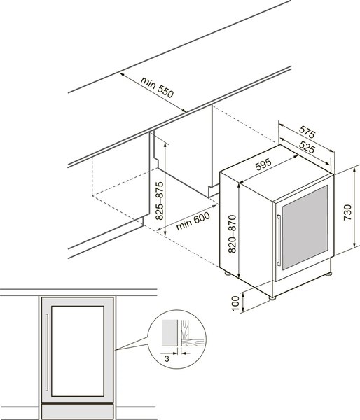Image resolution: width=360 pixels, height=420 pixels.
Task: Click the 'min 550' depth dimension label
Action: pyautogui.click(x=158, y=87)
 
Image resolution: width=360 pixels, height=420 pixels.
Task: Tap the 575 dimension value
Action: pyautogui.click(x=307, y=132)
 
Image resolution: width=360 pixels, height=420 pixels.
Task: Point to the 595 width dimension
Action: pyautogui.click(x=263, y=164)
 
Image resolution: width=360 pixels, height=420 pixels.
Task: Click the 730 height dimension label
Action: pyautogui.click(x=347, y=212)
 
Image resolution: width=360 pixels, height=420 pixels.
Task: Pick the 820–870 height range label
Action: pyautogui.click(x=232, y=234)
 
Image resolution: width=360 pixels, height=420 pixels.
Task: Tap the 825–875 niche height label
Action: pyautogui.click(x=159, y=201)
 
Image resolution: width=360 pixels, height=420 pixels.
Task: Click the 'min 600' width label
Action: pyautogui.click(x=193, y=221)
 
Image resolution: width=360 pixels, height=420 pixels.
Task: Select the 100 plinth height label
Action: pyautogui.click(x=235, y=303)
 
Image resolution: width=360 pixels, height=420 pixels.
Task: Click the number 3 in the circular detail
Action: pyautogui.click(x=167, y=358)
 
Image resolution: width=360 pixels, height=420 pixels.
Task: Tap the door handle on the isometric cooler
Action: pyautogui.click(x=279, y=240)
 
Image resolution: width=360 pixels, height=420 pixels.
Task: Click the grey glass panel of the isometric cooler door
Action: pyautogui.click(x=305, y=227)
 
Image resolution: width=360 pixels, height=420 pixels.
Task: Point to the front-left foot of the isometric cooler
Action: pyautogui.click(x=272, y=298)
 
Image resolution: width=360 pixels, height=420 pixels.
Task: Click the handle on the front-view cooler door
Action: pyautogui.click(x=47, y=352)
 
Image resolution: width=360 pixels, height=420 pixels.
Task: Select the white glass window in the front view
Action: pyautogui.click(x=78, y=351)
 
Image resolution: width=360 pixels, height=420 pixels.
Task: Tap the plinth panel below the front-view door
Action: pyautogui.click(x=78, y=412)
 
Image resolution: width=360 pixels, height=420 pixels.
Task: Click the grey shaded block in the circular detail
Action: pyautogui.click(x=169, y=332)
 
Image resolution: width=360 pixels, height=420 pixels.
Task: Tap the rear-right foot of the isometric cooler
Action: pyautogui.click(x=328, y=274)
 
